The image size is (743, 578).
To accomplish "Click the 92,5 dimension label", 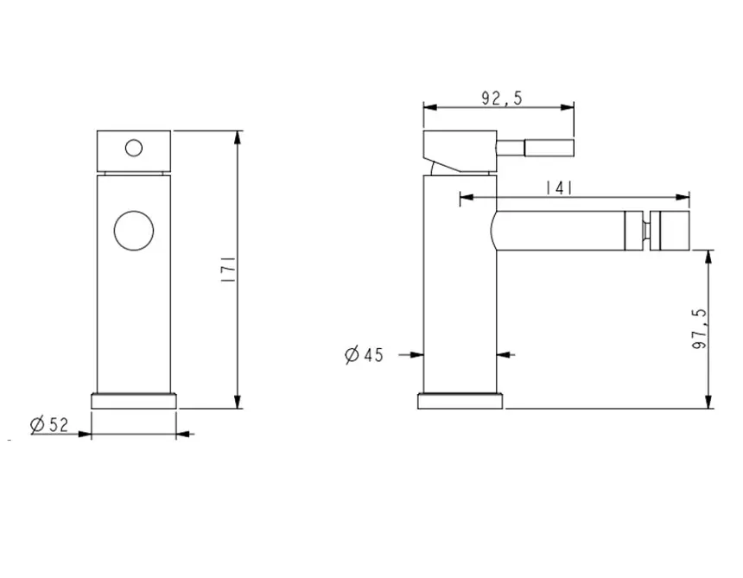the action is click(501, 98).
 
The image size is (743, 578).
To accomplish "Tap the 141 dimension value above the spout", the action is click(560, 188).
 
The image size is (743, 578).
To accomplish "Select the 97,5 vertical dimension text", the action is click(700, 329).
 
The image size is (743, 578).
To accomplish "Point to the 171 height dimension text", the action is click(228, 270).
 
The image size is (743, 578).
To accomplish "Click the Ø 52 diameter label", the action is click(48, 424).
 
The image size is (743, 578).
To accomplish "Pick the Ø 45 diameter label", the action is click(364, 354).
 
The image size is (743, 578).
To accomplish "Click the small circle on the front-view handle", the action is click(134, 148).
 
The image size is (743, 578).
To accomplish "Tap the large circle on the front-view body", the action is click(134, 231).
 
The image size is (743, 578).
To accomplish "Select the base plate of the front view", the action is click(134, 401).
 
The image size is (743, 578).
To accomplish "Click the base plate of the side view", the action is click(460, 401).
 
